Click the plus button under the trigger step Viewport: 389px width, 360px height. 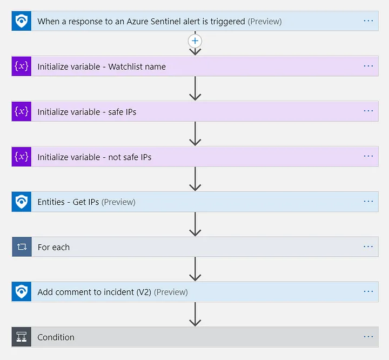click(195, 41)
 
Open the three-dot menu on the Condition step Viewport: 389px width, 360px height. click(368, 337)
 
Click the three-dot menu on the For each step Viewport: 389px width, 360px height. click(368, 246)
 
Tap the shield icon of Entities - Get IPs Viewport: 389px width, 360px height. click(22, 202)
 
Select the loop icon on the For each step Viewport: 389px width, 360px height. click(22, 247)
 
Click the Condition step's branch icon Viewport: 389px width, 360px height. click(22, 337)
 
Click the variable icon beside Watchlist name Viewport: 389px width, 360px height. click(22, 66)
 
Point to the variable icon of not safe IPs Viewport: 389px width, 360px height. click(22, 156)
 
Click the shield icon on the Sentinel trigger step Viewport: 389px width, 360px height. click(22, 21)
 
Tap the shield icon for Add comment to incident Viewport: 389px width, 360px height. click(22, 291)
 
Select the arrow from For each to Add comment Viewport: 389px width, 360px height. click(195, 269)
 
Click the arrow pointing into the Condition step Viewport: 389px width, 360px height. click(195, 314)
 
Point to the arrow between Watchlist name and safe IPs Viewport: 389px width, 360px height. click(195, 89)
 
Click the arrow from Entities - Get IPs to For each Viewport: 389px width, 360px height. click(195, 224)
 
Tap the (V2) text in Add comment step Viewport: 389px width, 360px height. click(144, 292)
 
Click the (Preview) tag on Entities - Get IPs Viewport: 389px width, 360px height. click(118, 202)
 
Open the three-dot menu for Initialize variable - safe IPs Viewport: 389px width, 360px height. click(368, 111)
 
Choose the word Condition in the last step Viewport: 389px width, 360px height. click(56, 337)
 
